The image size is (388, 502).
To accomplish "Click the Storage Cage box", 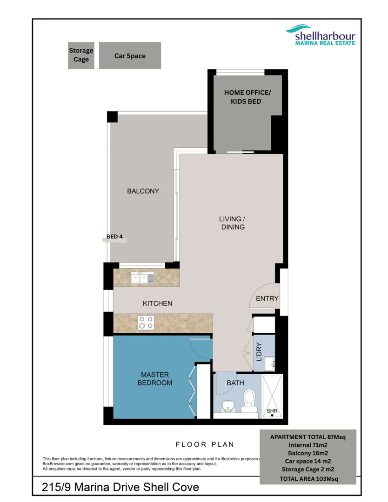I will pos(81,55).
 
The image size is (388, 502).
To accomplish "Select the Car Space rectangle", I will pos(130,56).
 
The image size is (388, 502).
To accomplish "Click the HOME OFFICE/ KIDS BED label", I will pos(247,97).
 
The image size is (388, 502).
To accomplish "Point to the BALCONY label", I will pos(143,191).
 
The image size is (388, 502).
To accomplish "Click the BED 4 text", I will pos(114,237).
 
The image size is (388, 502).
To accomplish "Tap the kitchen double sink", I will pos(143,278).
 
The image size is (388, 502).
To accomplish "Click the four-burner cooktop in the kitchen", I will pos(145,322).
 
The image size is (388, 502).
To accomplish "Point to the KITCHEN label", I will pos(157,304).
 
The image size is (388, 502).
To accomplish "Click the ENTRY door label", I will pos(267,298).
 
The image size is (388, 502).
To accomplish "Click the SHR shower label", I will pos(272,411).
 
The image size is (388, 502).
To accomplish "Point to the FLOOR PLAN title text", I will pos(205,444).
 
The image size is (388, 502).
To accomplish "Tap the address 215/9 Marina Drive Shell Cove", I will pos(120,487).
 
